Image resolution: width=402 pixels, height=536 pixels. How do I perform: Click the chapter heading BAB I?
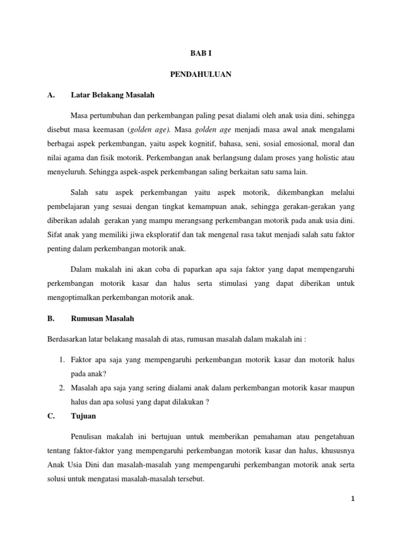pyautogui.click(x=200, y=53)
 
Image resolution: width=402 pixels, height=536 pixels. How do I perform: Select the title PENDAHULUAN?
pyautogui.click(x=200, y=75)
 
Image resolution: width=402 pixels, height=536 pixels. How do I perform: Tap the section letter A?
pyautogui.click(x=51, y=95)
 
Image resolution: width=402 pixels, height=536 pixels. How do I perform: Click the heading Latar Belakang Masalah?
pyautogui.click(x=112, y=95)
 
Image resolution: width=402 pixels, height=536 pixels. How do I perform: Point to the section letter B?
pyautogui.click(x=51, y=318)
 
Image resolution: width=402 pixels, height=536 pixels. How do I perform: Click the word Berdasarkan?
pyautogui.click(x=68, y=339)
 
